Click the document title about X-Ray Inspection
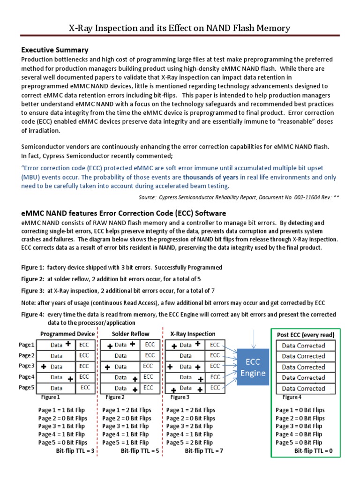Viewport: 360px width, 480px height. coord(180,28)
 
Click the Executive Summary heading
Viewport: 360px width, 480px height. coord(54,50)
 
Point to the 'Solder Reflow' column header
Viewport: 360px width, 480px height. coord(131,334)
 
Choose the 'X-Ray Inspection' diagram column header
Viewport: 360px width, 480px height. coord(193,334)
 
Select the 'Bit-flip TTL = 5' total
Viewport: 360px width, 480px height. coord(140,450)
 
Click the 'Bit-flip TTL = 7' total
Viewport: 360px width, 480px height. coord(204,450)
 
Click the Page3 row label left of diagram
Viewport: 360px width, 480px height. coord(27,366)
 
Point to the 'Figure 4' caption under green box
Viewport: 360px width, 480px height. coord(292,397)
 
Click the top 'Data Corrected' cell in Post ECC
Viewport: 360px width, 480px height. coord(303,345)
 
